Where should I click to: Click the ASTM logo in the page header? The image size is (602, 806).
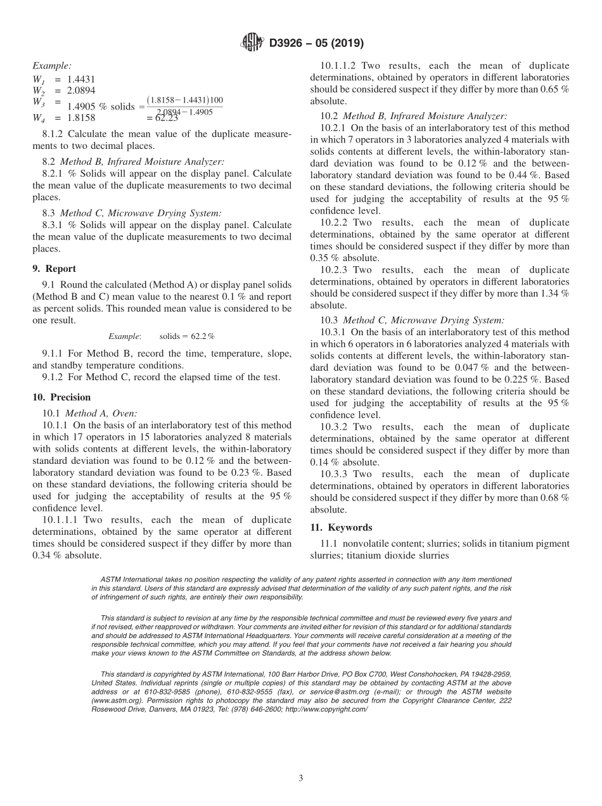click(x=253, y=43)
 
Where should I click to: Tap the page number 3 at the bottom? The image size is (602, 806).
click(x=301, y=778)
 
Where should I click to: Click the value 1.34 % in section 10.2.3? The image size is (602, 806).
click(x=553, y=293)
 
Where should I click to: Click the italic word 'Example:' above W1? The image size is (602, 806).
click(x=52, y=66)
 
